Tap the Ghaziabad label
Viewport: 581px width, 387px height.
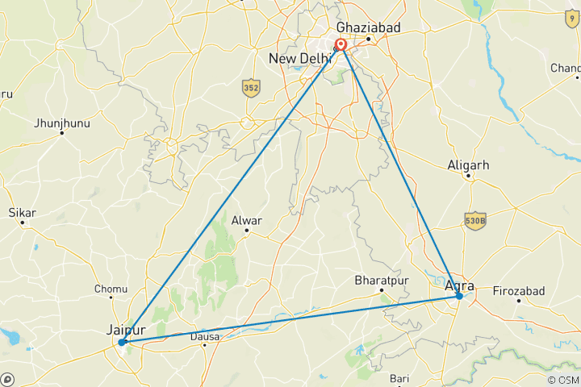(x=368, y=27)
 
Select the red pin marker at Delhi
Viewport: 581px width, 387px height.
(x=341, y=45)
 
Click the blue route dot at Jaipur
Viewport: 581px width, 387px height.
(x=122, y=343)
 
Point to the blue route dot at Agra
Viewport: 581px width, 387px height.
(x=459, y=296)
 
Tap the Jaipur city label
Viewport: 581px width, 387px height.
(x=126, y=329)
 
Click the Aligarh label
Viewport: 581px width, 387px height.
(x=468, y=165)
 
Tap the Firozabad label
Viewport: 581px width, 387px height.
(x=519, y=290)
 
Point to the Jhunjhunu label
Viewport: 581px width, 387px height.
(x=62, y=123)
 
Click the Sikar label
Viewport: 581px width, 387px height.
(x=22, y=213)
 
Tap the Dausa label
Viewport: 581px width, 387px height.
(x=205, y=337)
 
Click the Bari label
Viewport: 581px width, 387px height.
(x=399, y=378)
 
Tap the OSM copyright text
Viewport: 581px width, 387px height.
(x=562, y=380)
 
